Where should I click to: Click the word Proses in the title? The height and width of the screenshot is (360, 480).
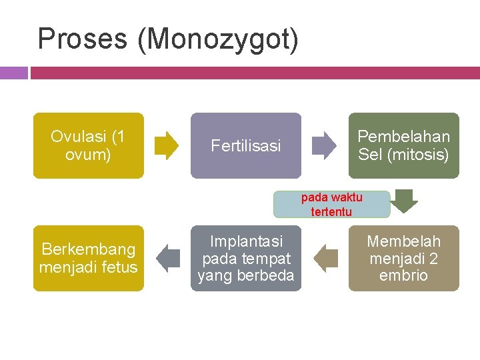[83, 39]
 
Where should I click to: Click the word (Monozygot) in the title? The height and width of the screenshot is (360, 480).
[218, 39]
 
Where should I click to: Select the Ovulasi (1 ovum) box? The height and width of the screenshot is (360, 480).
[89, 145]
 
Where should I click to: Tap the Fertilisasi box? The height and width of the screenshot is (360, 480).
[246, 145]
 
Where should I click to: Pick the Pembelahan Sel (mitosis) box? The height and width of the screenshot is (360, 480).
[403, 145]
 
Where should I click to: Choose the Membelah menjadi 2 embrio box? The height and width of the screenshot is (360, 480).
[403, 258]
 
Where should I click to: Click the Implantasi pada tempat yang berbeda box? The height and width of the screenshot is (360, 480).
[246, 258]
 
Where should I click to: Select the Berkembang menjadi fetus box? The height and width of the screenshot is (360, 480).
[89, 258]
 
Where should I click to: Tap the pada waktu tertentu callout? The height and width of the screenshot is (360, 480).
[331, 205]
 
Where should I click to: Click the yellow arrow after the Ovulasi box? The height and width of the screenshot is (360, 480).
[167, 145]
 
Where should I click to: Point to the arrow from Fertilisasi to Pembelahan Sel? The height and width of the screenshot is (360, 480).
[325, 145]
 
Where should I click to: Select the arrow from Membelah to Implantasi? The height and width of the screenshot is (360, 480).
[326, 258]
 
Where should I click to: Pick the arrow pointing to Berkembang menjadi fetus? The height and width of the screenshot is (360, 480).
[168, 258]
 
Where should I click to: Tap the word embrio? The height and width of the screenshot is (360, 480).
[403, 275]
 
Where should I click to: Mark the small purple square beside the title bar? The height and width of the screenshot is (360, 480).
[13, 73]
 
